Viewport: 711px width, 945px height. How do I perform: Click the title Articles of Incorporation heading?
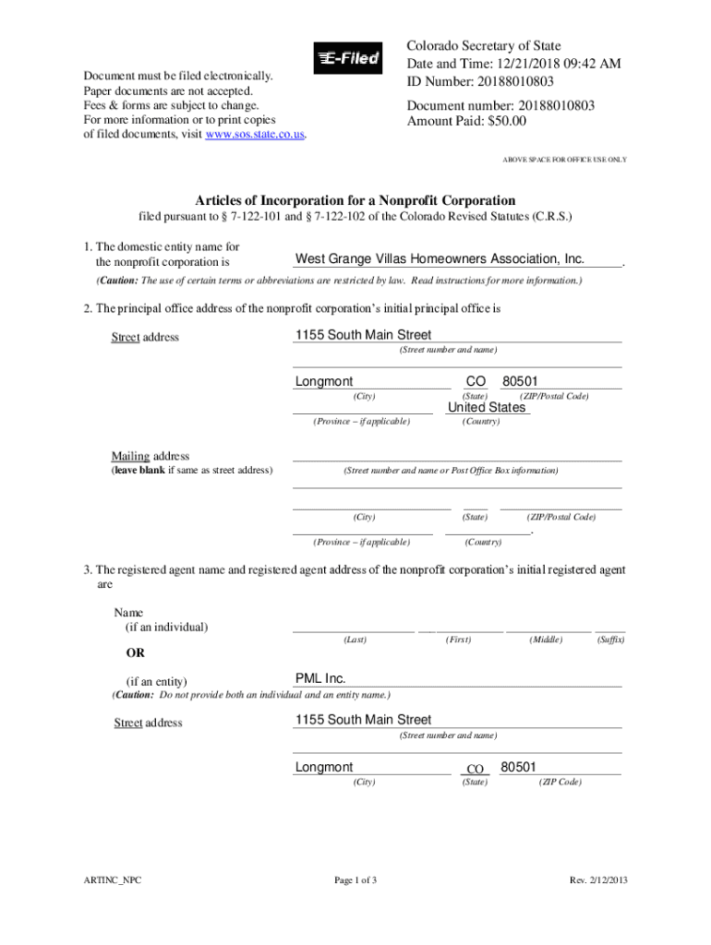(x=355, y=200)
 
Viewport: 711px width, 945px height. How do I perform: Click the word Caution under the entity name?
(x=121, y=281)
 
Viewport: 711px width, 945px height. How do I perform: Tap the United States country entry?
(x=487, y=407)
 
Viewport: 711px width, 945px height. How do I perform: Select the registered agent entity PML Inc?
(x=320, y=678)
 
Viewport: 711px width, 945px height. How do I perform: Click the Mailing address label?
(x=151, y=456)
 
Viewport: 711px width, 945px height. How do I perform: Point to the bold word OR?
(x=135, y=653)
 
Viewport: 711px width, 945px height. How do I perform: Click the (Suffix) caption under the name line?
(x=610, y=640)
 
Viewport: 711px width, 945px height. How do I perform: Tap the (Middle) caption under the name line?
(x=546, y=640)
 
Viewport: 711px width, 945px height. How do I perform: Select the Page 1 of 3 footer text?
(x=355, y=879)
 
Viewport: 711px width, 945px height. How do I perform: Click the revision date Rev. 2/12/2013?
(x=599, y=879)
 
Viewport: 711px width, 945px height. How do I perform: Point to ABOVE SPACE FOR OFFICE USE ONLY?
(x=564, y=160)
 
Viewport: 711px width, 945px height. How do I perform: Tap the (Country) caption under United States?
(x=481, y=422)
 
